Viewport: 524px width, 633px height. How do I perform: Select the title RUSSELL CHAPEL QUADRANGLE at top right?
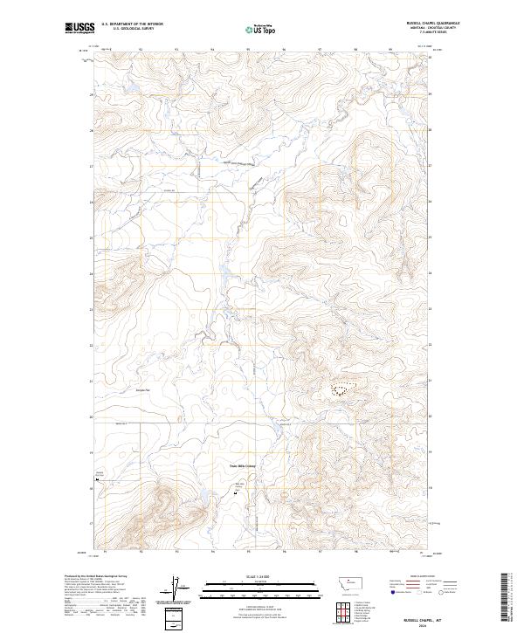[x=431, y=24]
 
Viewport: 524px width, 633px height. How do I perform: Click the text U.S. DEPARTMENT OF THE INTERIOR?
[x=132, y=24]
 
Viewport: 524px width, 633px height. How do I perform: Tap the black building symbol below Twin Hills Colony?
[x=234, y=494]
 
